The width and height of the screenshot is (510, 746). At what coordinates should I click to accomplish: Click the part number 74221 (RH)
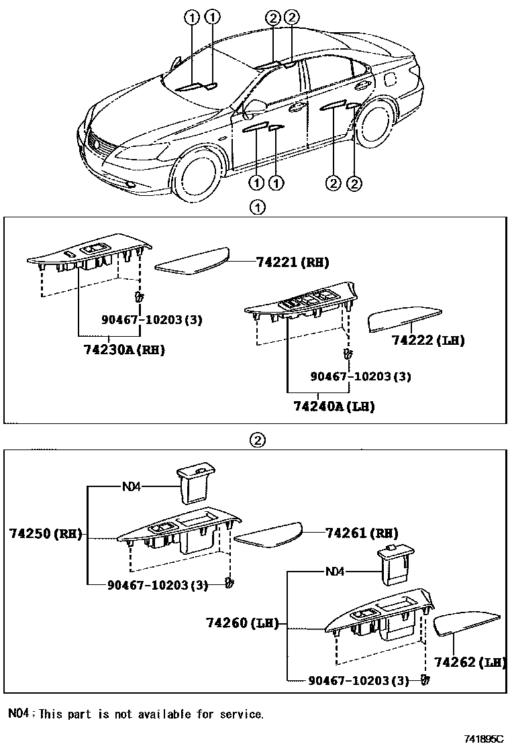[x=293, y=262]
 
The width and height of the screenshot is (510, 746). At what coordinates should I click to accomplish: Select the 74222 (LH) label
[x=428, y=340]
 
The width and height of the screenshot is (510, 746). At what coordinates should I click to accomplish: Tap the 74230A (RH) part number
[x=124, y=350]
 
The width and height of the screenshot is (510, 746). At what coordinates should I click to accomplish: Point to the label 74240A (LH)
[x=334, y=407]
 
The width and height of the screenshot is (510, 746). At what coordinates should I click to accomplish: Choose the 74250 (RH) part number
[x=45, y=534]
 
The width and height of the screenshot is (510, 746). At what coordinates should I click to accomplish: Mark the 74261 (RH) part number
[x=361, y=533]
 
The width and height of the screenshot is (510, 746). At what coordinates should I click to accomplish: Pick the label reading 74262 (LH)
[x=469, y=663]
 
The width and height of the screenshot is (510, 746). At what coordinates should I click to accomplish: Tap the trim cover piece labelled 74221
[x=193, y=261]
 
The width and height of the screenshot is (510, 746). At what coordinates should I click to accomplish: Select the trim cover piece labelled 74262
[x=466, y=625]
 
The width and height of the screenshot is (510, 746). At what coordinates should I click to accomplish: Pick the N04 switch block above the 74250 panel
[x=194, y=484]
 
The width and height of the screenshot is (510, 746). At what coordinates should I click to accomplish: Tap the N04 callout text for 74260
[x=335, y=572]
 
